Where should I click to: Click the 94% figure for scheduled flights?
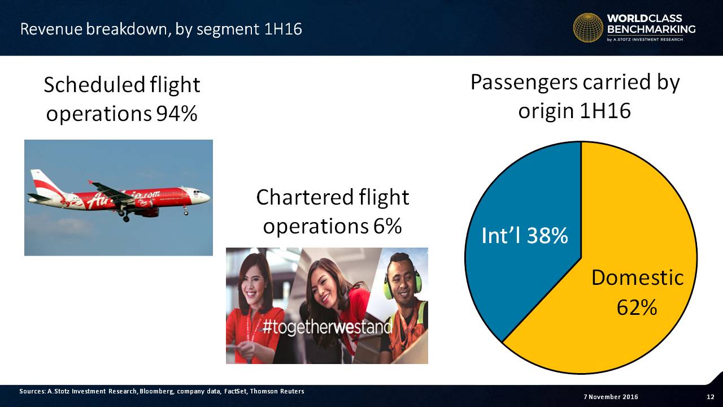pos(177,114)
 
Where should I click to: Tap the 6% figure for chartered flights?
pos(387,226)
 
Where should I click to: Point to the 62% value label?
pos(637,307)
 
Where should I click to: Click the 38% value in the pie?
pos(547,236)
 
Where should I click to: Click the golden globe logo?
pos(588,28)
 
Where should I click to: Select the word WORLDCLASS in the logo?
pos(644,19)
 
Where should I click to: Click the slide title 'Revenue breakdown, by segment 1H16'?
pos(161,29)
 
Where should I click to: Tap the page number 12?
pos(711,397)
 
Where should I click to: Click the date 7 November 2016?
pos(611,397)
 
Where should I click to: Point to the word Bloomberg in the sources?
pos(157,392)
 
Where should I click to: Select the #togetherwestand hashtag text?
pos(327,327)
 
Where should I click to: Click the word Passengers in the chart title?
pos(524,83)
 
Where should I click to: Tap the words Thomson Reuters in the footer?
pos(277,392)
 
